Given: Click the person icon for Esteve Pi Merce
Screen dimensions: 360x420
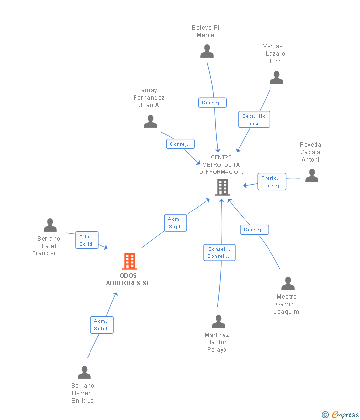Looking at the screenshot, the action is point(207,51).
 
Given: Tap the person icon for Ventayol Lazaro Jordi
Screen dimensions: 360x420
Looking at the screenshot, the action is point(276,78).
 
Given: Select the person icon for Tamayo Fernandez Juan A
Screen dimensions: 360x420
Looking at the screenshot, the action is point(150,122).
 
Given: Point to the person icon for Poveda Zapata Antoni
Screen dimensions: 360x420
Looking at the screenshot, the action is point(312,176).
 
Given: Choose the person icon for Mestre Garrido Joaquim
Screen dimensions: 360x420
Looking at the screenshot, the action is point(288,284).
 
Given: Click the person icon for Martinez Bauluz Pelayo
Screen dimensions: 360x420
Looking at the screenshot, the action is point(218,322).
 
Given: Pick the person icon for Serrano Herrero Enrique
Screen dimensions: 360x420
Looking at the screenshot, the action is point(84,373).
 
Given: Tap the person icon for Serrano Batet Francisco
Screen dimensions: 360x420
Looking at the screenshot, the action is point(50,225).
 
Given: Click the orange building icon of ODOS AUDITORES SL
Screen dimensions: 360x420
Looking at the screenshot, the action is point(130,261).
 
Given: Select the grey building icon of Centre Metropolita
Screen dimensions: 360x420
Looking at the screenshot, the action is point(223,187).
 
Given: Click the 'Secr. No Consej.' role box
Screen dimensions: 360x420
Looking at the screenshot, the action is point(254,120).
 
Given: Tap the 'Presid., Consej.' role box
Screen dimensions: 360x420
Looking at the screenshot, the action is point(272,182).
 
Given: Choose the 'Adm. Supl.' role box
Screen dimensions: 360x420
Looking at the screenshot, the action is point(176,223).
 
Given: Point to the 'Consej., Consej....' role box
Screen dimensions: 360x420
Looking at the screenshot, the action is point(220,252).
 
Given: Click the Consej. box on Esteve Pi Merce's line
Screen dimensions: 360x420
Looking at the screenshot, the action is point(213,103).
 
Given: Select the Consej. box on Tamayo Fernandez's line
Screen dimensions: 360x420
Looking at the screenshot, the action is point(180,144).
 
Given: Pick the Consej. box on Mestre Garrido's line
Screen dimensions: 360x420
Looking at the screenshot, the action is point(254,230).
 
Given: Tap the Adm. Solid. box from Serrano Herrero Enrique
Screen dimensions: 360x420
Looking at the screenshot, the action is point(102,325).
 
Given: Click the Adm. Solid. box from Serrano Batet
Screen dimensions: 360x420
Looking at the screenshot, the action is point(87,240).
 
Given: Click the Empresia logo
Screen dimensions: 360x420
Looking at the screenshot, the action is point(340,414).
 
